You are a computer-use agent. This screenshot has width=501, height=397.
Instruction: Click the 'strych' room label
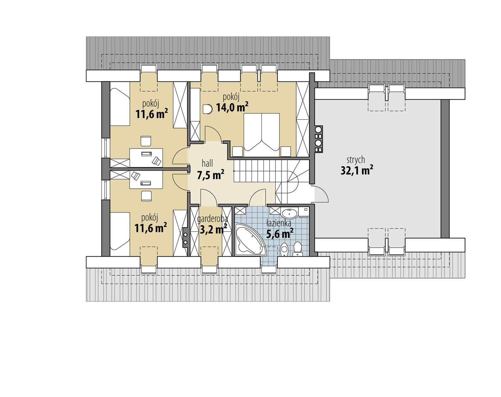click(356, 159)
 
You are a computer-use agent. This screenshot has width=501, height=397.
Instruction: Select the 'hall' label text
click(207, 163)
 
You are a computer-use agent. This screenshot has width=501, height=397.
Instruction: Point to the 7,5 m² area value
click(210, 175)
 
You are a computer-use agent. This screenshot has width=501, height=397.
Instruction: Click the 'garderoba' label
click(213, 219)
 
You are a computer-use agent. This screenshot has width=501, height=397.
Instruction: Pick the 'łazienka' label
click(279, 223)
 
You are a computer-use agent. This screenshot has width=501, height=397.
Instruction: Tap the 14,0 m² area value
click(232, 107)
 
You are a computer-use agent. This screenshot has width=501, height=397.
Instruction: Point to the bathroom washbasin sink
click(289, 213)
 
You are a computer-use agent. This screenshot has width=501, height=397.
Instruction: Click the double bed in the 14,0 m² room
click(261, 134)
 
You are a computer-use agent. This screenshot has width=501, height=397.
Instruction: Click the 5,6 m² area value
click(279, 233)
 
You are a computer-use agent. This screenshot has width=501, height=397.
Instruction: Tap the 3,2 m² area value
click(213, 230)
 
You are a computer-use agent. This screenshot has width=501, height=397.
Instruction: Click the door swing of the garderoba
click(208, 197)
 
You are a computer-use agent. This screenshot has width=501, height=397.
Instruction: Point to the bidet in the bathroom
click(284, 249)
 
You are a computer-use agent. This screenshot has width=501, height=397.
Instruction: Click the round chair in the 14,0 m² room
click(207, 109)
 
